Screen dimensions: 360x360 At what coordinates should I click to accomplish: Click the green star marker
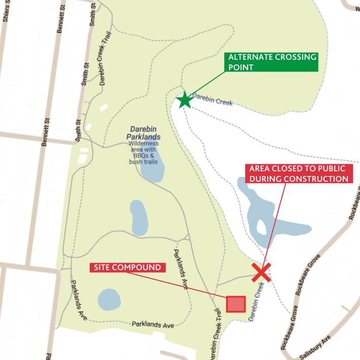(x=185, y=100)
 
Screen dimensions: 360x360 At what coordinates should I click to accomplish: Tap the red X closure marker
(x=262, y=272)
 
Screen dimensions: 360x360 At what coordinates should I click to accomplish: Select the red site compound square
(x=236, y=304)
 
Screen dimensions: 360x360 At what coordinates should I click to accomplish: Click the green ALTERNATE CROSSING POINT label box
(x=272, y=62)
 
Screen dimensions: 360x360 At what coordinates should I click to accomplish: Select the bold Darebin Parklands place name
(x=145, y=133)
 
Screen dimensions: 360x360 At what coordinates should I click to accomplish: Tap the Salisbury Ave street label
(x=315, y=347)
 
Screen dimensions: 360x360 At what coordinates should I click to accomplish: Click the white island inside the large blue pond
(x=262, y=226)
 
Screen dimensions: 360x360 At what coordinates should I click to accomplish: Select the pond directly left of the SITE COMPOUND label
(x=109, y=300)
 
